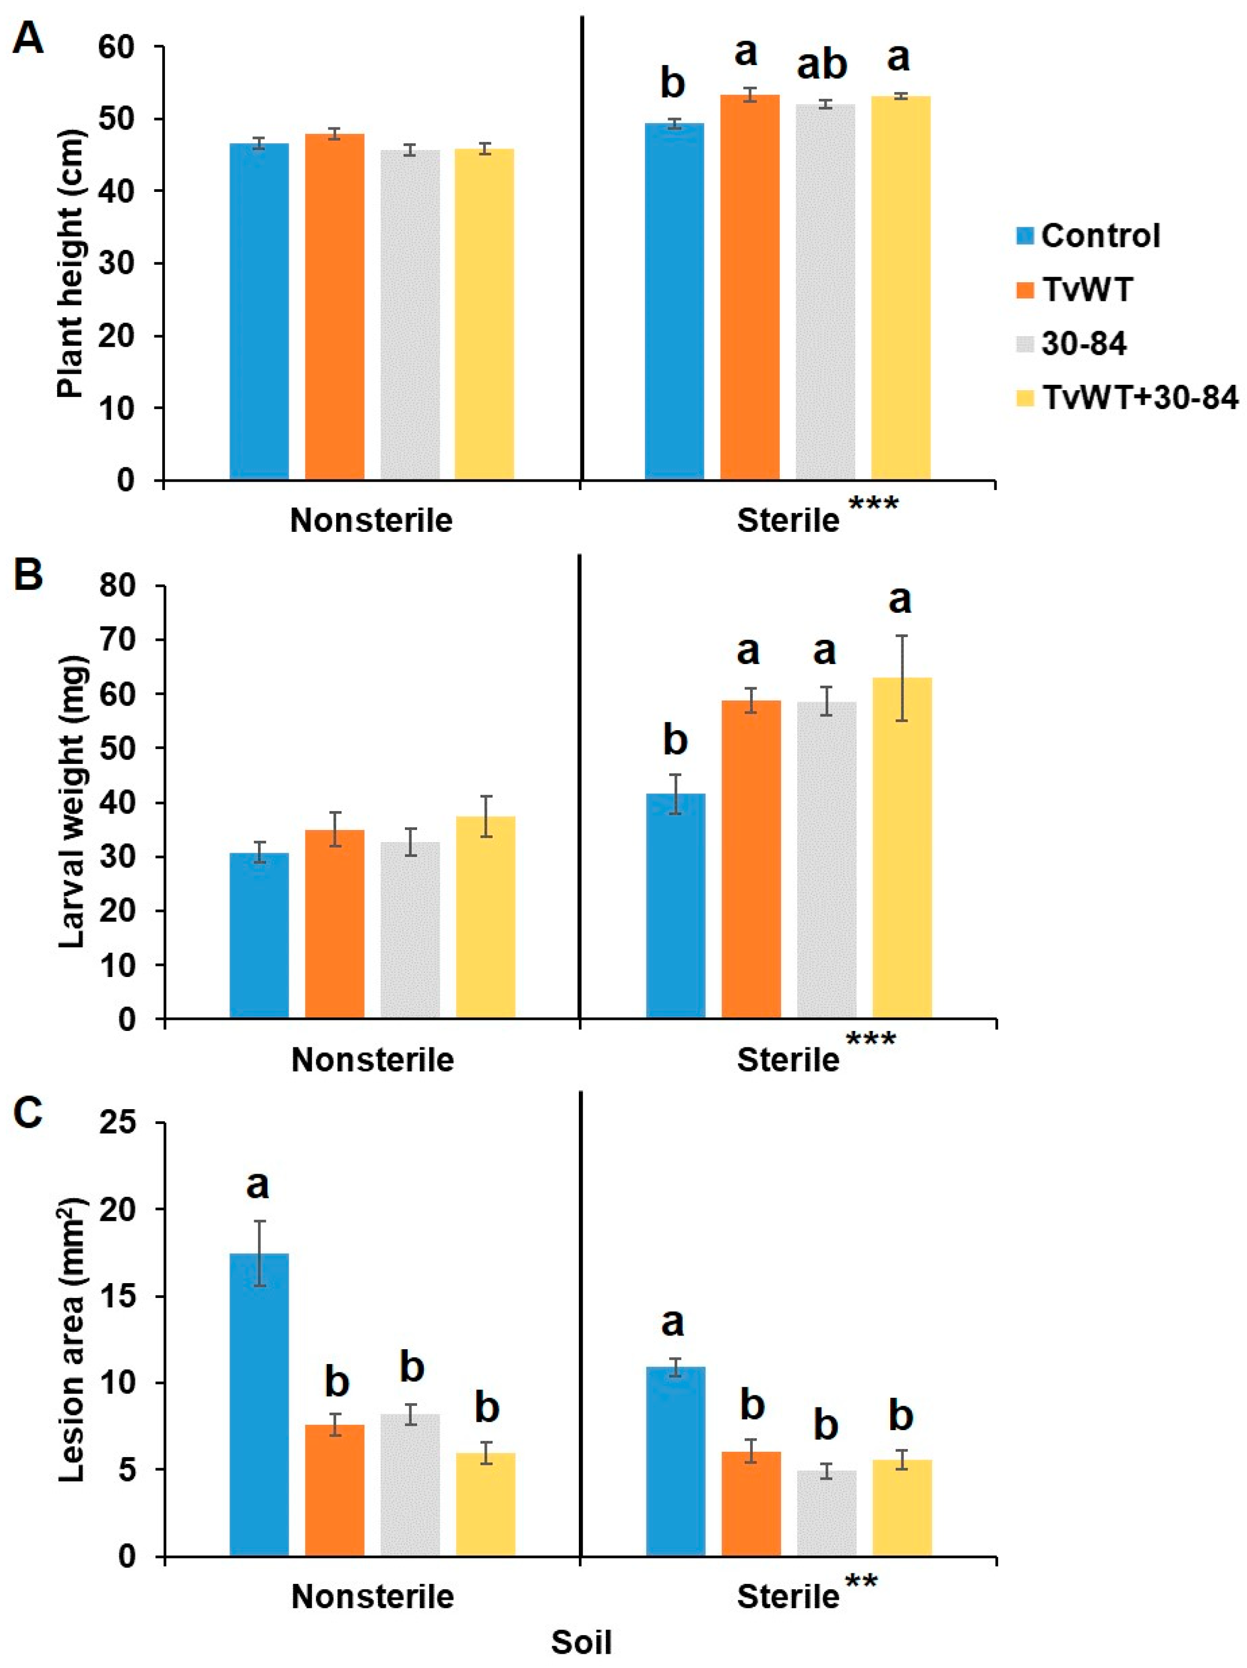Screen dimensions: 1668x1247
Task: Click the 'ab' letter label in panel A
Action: [x=823, y=66]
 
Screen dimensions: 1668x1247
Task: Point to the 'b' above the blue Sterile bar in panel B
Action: [x=675, y=741]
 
